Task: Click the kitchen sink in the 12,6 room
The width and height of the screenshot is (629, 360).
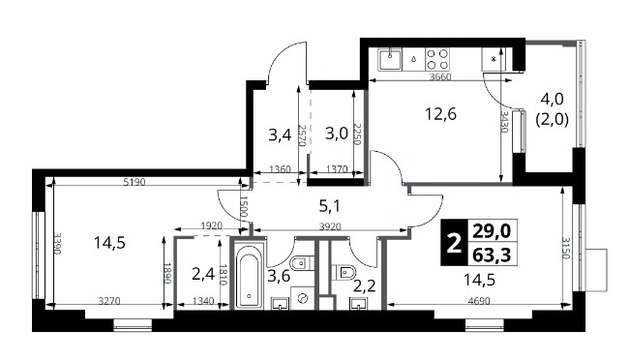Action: pyautogui.click(x=391, y=59)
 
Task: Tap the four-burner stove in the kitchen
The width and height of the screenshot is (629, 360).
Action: pyautogui.click(x=436, y=59)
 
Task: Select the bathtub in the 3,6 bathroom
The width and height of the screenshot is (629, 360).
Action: pyautogui.click(x=249, y=278)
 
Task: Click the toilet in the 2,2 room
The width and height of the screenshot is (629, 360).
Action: pyautogui.click(x=344, y=272)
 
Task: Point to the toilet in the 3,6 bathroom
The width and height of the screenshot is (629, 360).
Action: pyautogui.click(x=301, y=263)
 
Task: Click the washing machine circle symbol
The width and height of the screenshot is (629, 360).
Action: pyautogui.click(x=303, y=298)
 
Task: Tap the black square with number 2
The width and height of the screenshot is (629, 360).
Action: pyautogui.click(x=454, y=243)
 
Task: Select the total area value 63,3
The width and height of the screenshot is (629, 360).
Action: pyautogui.click(x=492, y=255)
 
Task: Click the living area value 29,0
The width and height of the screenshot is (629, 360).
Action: pyautogui.click(x=492, y=231)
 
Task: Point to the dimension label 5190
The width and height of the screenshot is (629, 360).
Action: pyautogui.click(x=135, y=182)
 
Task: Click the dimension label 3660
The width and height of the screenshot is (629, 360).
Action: pyautogui.click(x=440, y=77)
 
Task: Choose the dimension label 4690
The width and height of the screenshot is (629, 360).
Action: pyautogui.click(x=479, y=301)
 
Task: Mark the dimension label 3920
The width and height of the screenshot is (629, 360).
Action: pyautogui.click(x=330, y=227)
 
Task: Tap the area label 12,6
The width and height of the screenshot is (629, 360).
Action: pyautogui.click(x=440, y=115)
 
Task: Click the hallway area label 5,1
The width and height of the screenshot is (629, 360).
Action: pyautogui.click(x=329, y=206)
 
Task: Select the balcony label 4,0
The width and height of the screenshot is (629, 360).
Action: pyautogui.click(x=552, y=99)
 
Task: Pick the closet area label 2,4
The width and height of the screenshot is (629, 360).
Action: pyautogui.click(x=202, y=275)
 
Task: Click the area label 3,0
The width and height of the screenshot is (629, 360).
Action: pyautogui.click(x=337, y=134)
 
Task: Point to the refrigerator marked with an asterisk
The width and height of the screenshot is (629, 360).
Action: pyautogui.click(x=494, y=59)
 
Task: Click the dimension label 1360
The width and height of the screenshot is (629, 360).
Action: pyautogui.click(x=280, y=169)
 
